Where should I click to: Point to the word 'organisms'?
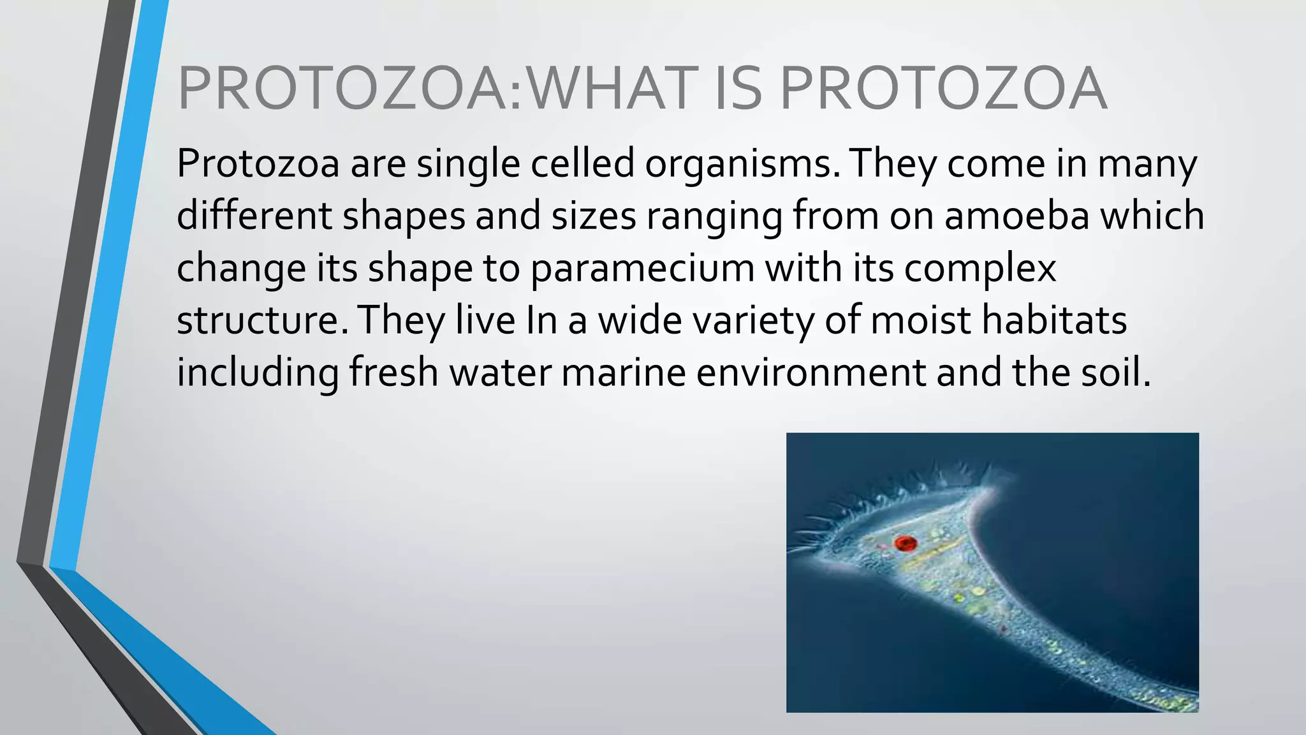click(742, 165)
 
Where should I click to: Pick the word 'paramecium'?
click(642, 269)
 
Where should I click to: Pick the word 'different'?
click(254, 216)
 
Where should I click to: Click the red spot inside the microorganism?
click(905, 544)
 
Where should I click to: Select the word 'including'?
click(258, 373)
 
